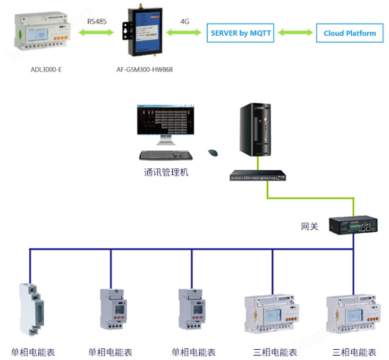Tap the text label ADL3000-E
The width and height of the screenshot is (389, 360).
tap(46, 69)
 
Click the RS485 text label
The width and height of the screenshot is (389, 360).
tap(97, 21)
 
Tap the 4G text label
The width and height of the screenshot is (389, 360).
tap(185, 21)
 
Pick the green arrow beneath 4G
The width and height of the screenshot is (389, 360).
tap(185, 34)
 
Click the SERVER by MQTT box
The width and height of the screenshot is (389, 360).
tap(240, 33)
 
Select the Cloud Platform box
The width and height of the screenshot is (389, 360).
tap(349, 33)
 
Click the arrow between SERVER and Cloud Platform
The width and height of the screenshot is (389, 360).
tap(295, 33)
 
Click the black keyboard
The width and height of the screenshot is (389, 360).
tap(166, 155)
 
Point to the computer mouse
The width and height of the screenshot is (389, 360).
tap(212, 152)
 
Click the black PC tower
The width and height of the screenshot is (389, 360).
tap(257, 132)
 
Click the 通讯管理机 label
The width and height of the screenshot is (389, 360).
tap(166, 172)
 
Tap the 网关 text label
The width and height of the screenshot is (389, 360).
tap(310, 226)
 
